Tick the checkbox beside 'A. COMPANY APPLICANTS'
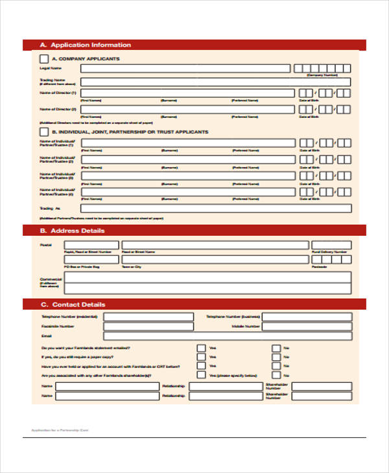[x=43, y=59]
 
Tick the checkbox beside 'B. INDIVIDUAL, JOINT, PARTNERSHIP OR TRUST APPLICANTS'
[x=43, y=132]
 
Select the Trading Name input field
[x=215, y=82]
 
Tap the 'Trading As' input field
[x=215, y=208]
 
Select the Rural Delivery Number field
[x=331, y=244]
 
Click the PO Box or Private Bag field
[x=91, y=260]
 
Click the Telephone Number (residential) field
[x=148, y=317]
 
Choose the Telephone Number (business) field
[x=306, y=317]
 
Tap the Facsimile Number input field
[x=148, y=327]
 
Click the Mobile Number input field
[x=306, y=327]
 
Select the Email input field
[x=227, y=336]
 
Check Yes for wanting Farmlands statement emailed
[x=202, y=348]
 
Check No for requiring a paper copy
[x=276, y=357]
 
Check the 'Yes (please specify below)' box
[x=202, y=375]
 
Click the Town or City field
[x=215, y=260]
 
